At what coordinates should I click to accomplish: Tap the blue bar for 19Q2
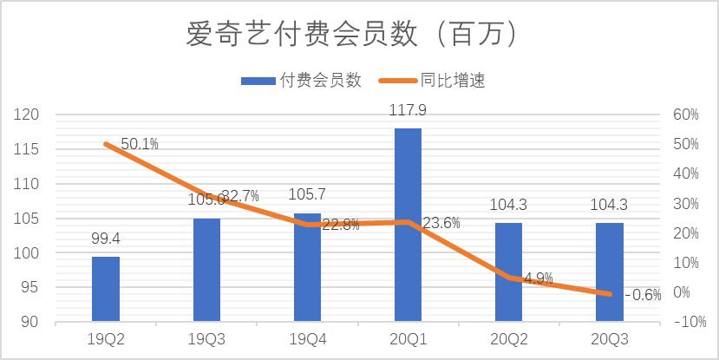[106, 289]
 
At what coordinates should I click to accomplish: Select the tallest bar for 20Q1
[409, 226]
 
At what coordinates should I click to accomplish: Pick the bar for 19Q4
[307, 267]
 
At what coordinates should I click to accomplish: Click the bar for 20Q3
[610, 272]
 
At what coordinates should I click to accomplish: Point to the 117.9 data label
[409, 110]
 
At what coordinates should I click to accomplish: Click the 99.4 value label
[105, 238]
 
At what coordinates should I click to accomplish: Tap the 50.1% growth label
[139, 144]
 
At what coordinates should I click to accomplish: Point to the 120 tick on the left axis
[29, 115]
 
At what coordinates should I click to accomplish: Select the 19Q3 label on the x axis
[206, 340]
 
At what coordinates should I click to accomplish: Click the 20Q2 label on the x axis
[509, 340]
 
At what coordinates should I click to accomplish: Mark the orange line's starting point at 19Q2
[106, 144]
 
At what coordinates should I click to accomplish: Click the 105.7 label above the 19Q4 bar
[308, 196]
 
